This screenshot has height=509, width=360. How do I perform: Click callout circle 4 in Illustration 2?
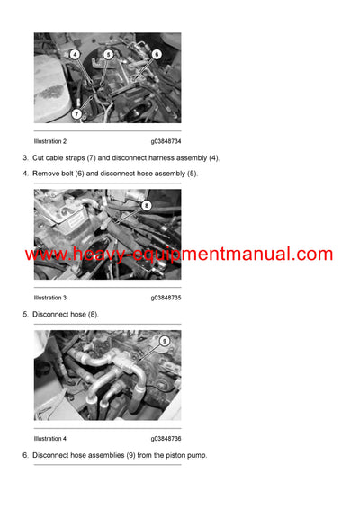pos(75,54)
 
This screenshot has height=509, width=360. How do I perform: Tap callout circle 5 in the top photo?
pos(108,54)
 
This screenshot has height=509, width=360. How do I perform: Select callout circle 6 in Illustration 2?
pos(156,54)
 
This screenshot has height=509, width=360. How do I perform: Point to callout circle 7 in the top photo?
pos(77,113)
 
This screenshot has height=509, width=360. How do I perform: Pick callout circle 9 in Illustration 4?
pos(164,342)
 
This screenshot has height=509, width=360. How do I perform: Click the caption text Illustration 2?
pos(49,141)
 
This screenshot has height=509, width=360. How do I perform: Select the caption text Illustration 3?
pos(49,298)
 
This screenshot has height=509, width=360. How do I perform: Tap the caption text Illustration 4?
pos(49,439)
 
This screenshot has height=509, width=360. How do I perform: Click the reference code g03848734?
pos(166,141)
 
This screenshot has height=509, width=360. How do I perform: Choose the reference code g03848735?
pos(166,298)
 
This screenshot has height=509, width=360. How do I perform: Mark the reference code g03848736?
pos(166,439)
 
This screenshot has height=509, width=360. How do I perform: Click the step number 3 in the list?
pos(24,158)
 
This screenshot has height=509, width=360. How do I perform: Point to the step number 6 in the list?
pos(24,455)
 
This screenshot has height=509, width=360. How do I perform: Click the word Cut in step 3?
pos(39,158)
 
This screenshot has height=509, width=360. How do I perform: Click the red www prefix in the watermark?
pos(43,255)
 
